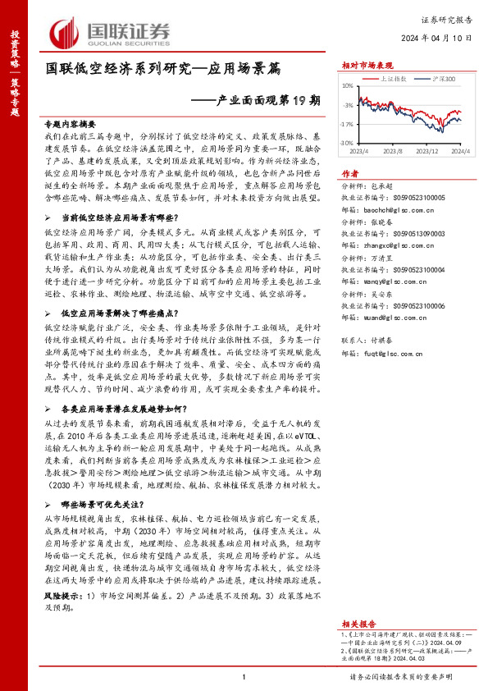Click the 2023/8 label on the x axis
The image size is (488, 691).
coord(392,152)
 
